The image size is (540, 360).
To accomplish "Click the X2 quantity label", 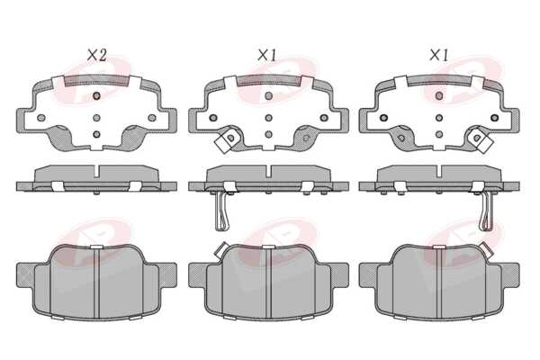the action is click(97, 55).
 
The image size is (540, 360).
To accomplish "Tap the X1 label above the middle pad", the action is click(267, 55).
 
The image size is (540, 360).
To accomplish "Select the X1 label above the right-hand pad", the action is click(438, 55).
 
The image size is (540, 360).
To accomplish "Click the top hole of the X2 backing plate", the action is click(97, 95).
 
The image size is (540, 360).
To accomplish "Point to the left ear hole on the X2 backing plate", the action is click(41, 118).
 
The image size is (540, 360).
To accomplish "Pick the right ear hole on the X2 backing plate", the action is click(152, 118).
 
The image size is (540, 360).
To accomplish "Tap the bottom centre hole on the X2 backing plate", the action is click(97, 134).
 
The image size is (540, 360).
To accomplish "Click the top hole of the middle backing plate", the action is click(268, 95).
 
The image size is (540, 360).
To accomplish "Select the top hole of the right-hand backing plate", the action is click(439, 95).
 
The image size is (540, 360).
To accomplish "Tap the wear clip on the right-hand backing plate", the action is click(480, 139).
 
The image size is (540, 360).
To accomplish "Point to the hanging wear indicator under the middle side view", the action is click(221, 211).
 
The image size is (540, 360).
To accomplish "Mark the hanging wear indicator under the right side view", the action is click(486, 211).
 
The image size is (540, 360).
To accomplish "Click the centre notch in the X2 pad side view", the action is click(97, 171).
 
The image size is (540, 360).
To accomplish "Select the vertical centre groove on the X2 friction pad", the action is click(97, 283).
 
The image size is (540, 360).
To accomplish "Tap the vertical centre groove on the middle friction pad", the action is click(268, 283).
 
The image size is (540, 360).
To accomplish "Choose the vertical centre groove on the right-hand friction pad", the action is click(439, 283).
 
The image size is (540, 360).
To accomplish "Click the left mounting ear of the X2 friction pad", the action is click(25, 274).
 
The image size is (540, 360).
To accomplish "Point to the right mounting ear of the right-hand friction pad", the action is click(510, 274).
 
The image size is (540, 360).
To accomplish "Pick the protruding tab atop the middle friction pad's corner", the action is click(220, 249).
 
